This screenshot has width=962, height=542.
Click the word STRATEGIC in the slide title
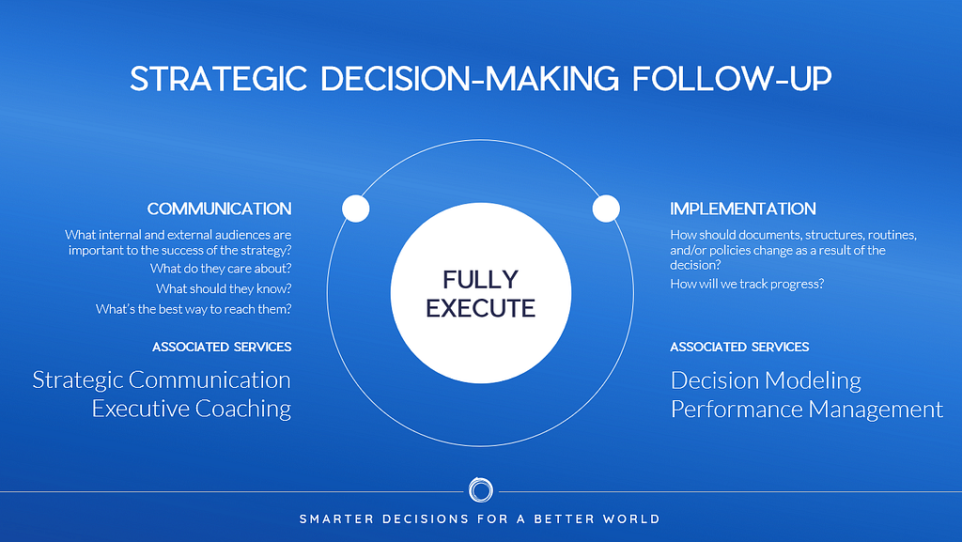pos(218,79)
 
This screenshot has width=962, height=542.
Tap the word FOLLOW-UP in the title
pos(732,79)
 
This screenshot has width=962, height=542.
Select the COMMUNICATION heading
pos(219,209)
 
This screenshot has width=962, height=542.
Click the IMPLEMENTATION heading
pos(743,209)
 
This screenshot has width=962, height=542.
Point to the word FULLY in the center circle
pos(480,280)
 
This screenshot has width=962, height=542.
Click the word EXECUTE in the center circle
pos(480,308)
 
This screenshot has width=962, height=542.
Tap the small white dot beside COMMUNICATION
pos(356,209)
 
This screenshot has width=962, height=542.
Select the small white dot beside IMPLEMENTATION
pos(606,209)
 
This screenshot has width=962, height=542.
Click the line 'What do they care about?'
pos(221,269)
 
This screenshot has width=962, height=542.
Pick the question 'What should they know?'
pos(224,288)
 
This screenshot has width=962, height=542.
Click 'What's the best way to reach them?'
pos(194,309)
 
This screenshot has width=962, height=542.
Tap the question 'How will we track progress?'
pos(747,284)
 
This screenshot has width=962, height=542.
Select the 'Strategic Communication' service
pos(162,380)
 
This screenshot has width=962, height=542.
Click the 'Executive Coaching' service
pos(192,409)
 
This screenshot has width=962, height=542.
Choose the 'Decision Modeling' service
pos(766,380)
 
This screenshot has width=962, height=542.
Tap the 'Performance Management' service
pos(807,410)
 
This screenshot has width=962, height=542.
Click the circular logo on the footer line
pos(480,490)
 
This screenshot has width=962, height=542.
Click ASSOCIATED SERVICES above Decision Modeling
pos(739,347)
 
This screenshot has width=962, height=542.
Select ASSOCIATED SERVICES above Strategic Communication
pos(222,347)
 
